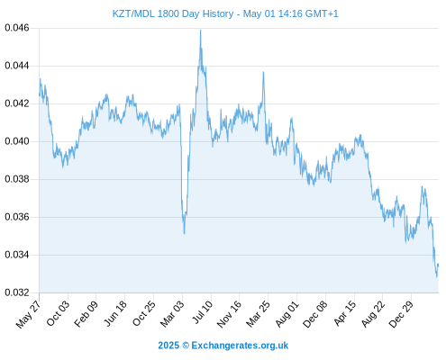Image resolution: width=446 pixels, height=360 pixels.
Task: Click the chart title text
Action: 225,13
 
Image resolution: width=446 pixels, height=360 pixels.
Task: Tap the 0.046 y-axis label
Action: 17,28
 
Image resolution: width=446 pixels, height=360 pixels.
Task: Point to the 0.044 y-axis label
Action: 17,66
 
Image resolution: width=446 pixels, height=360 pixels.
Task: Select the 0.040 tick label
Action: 17,141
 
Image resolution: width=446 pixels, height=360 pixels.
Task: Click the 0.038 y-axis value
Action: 17,179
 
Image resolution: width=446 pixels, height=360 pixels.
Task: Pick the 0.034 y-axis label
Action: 17,255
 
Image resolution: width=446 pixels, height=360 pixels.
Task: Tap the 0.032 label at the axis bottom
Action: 17,292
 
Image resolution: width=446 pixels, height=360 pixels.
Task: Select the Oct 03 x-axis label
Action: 58,313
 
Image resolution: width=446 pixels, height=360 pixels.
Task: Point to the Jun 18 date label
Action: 114,313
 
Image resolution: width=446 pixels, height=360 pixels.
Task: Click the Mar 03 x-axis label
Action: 171,313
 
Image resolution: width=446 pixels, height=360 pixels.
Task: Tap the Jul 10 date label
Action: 202,311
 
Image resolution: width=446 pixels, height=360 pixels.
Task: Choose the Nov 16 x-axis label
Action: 229,313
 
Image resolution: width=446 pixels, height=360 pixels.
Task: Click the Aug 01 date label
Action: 287,313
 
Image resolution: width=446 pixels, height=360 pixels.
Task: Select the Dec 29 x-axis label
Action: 401,313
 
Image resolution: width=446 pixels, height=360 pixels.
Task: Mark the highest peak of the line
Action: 201,30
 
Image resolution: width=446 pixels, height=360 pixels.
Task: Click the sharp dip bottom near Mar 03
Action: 184,233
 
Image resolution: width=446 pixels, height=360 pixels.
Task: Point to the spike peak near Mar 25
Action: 263,72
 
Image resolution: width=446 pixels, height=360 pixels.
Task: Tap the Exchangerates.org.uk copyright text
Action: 223,346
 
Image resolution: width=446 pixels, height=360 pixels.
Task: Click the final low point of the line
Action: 437,276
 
